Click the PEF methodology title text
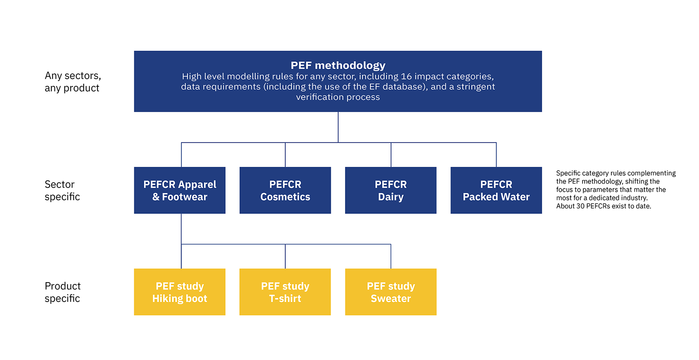click(338, 65)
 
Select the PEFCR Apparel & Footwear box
click(179, 190)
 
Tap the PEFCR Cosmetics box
click(285, 190)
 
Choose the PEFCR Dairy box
click(391, 190)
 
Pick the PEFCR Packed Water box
click(496, 190)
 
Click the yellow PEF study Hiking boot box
click(179, 292)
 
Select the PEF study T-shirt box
click(285, 292)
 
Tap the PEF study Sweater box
click(391, 292)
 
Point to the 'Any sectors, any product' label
click(72, 82)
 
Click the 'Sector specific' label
click(62, 190)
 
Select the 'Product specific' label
click(62, 292)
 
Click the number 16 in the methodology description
click(406, 77)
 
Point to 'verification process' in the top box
click(338, 97)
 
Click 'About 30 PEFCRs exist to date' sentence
click(603, 206)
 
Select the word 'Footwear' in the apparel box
click(184, 197)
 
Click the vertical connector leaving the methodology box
click(338, 126)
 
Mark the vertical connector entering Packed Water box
click(496, 155)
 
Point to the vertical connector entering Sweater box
click(391, 257)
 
